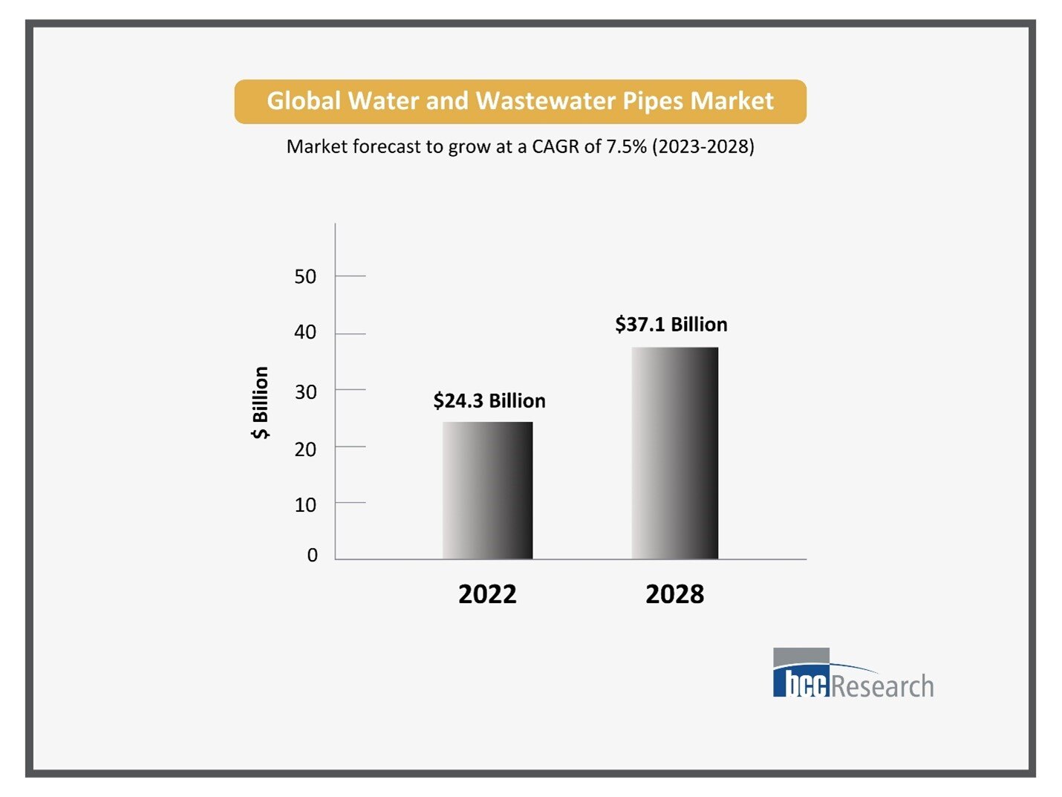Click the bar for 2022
487,490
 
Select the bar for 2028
674,453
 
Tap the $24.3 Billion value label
489,401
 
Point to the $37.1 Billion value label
671,325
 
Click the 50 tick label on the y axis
305,277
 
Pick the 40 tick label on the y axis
305,332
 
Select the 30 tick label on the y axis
305,392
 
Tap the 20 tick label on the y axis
305,449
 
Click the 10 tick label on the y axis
305,505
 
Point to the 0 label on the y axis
312,556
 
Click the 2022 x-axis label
487,594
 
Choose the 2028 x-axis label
674,594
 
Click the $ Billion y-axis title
261,403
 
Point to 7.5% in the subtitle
626,146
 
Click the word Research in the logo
882,686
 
